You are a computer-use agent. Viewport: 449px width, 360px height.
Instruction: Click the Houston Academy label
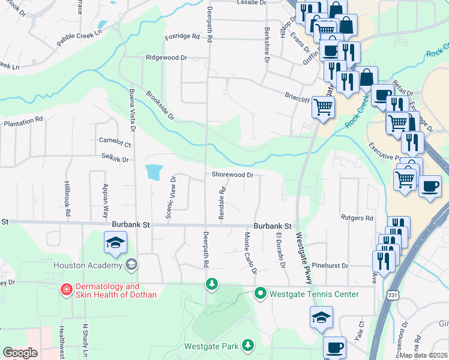click(87, 265)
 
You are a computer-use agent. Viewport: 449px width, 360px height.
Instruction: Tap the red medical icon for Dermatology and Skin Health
click(66, 290)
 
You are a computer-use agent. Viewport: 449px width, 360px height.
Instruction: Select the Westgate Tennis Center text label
click(314, 294)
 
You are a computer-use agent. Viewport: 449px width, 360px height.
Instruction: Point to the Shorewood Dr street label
click(232, 175)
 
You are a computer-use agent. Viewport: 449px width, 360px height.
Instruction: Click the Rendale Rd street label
click(221, 203)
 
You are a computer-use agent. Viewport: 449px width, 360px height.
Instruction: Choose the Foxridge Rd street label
click(182, 36)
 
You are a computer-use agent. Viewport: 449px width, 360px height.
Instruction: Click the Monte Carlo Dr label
click(250, 253)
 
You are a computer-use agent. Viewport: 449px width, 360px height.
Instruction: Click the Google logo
click(20, 353)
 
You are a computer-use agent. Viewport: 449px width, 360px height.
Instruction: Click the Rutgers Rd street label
click(357, 218)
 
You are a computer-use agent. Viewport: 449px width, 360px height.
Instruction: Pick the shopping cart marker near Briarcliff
click(323, 107)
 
